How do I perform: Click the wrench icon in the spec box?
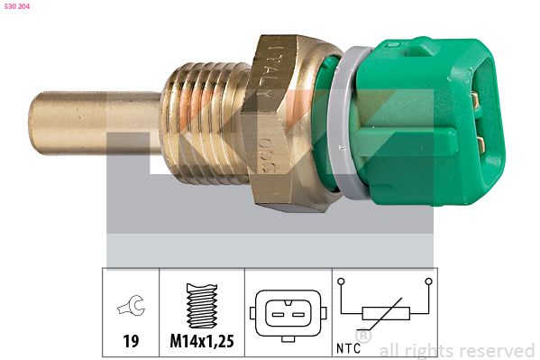(131, 309)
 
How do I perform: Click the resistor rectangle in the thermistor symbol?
(385, 314)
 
